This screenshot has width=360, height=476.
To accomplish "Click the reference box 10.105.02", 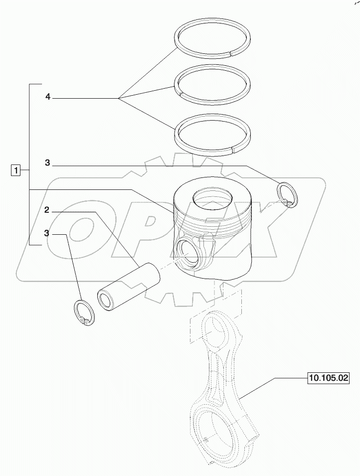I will tap(329, 379).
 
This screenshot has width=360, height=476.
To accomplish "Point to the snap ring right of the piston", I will tap(287, 195).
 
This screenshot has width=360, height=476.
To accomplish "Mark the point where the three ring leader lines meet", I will tap(119, 99).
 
